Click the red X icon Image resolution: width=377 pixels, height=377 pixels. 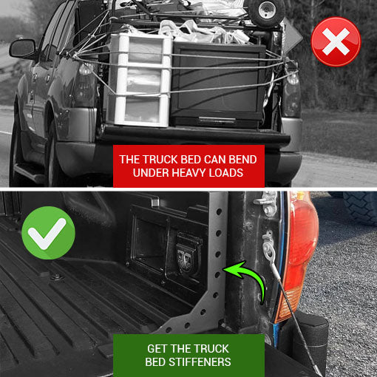coord(336,41)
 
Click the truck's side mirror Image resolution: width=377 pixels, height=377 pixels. coord(23,50)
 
